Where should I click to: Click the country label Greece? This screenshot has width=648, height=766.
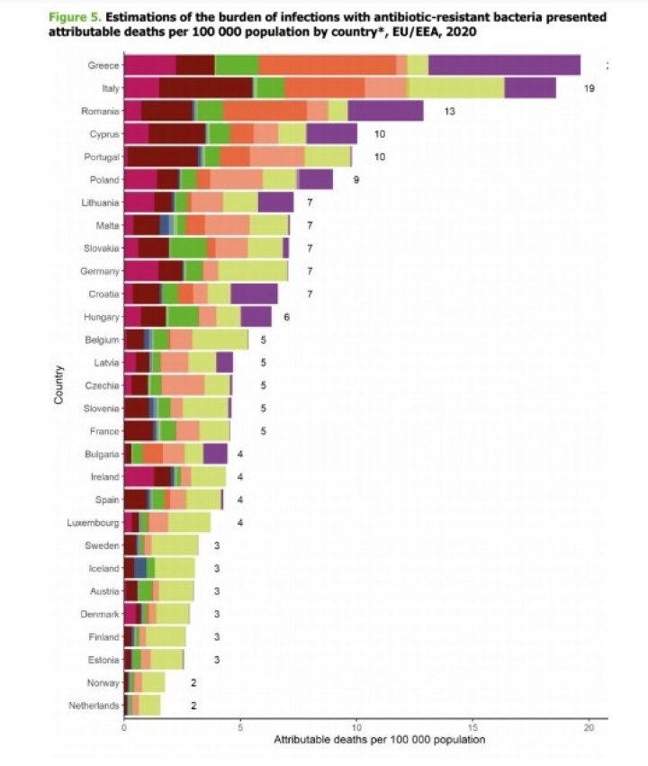point(103,65)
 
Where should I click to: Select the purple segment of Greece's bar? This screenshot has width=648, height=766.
point(504,65)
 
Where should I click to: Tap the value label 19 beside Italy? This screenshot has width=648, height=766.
point(589,88)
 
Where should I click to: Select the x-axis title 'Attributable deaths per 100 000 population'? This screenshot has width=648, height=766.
point(379,740)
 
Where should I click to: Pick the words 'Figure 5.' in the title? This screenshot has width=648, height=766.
point(74,17)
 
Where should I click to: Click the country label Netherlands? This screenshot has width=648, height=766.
point(94,706)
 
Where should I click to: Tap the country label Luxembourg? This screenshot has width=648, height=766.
point(93,522)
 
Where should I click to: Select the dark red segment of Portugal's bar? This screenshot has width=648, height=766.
point(163,157)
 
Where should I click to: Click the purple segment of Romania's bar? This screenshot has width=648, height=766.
point(385,111)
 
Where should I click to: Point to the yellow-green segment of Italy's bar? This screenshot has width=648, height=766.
point(456,88)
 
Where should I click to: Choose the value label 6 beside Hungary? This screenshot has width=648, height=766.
point(286,317)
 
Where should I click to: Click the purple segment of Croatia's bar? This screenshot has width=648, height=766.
point(254,293)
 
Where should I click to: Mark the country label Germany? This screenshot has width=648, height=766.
point(100,271)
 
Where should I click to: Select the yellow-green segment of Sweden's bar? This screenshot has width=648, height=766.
point(175,545)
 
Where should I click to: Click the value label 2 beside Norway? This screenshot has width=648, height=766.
point(193,683)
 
